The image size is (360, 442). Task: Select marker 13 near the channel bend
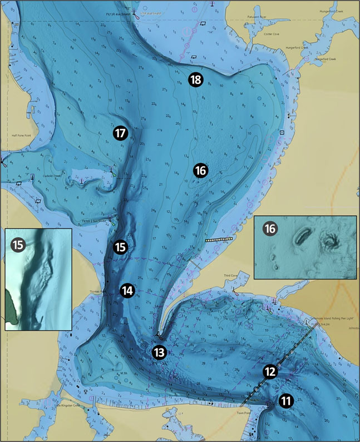(159, 352)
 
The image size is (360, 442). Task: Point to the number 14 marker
(127, 290)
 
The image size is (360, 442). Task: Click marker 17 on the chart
(121, 133)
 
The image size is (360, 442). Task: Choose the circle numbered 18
(195, 80)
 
